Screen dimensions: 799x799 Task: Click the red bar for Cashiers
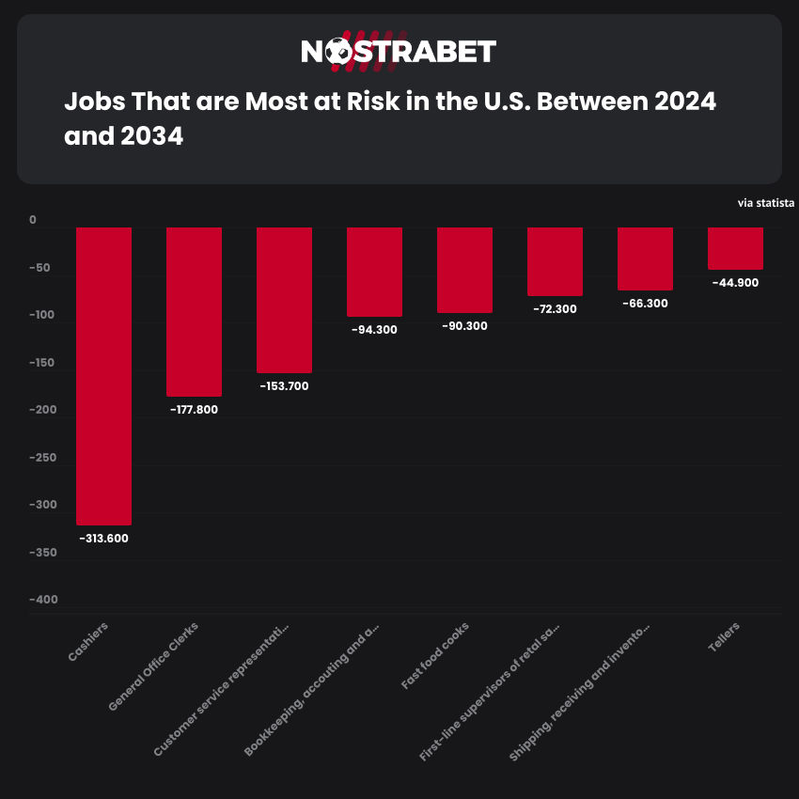(103, 376)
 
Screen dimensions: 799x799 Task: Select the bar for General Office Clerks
(194, 311)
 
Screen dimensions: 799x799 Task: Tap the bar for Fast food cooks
(464, 270)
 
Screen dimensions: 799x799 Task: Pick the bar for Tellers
(735, 248)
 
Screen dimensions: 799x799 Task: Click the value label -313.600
(103, 539)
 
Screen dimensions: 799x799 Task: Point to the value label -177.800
(194, 410)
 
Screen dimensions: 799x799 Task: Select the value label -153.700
(284, 386)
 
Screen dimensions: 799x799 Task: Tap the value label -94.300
(374, 330)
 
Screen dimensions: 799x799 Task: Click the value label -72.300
(555, 309)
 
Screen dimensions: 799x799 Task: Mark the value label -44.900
(735, 282)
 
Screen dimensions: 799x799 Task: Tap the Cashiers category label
(88, 641)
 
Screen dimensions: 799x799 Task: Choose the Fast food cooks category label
(435, 656)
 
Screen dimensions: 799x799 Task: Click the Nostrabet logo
(399, 52)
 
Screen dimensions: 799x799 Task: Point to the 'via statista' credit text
(766, 202)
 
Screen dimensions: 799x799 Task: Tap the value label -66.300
(645, 304)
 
